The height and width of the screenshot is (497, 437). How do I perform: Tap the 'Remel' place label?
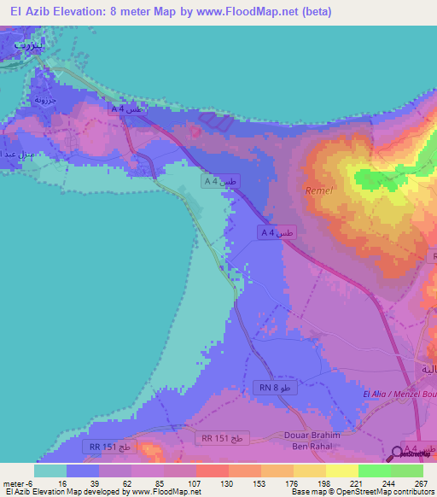point(317,193)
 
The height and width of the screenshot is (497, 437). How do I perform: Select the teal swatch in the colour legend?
point(50,470)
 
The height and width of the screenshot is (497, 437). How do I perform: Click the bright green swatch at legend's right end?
point(406,470)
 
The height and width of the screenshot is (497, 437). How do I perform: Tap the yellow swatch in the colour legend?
point(341,470)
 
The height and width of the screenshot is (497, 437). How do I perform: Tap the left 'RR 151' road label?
point(108,447)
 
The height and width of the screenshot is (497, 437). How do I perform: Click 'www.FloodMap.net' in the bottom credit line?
point(174,492)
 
